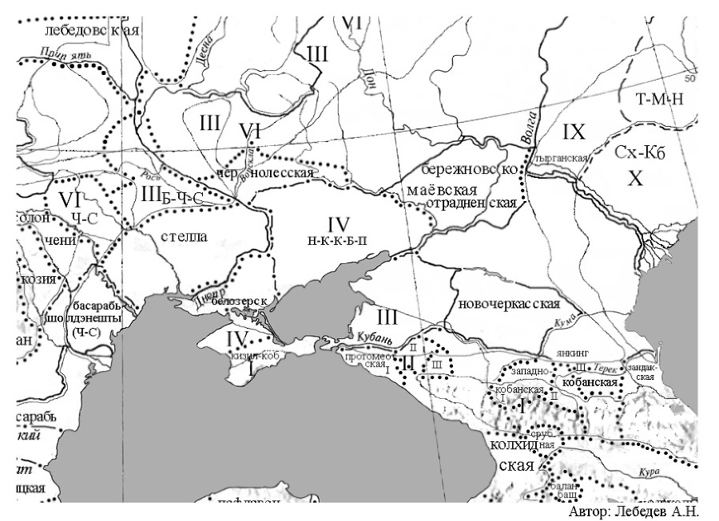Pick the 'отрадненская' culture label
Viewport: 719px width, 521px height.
point(471,203)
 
